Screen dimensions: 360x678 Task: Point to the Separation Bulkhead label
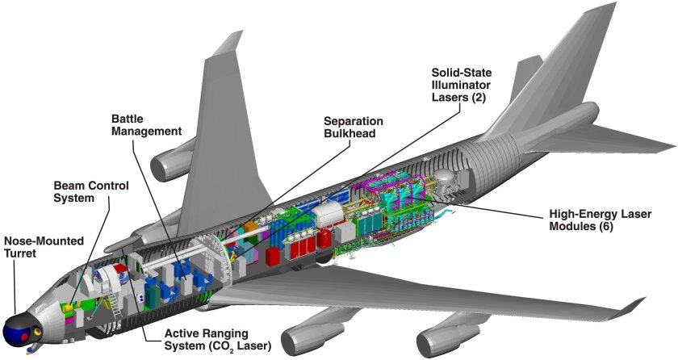[348, 127]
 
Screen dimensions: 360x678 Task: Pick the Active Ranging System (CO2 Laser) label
[218, 340]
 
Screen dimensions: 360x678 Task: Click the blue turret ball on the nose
[18, 330]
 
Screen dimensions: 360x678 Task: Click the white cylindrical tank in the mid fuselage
[328, 213]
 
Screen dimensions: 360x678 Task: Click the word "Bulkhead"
[348, 133]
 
